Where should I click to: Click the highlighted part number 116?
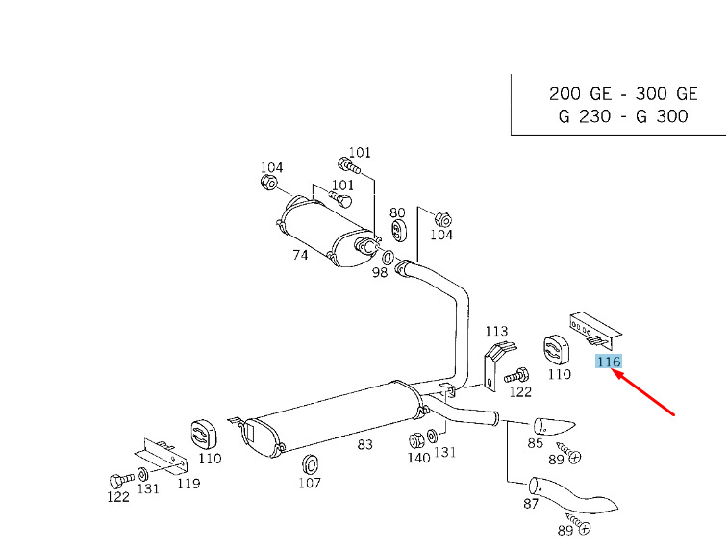(609, 362)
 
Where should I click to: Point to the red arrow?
(645, 394)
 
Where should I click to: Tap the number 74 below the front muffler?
(299, 256)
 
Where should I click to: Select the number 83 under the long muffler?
(364, 444)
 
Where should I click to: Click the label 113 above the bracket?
(496, 332)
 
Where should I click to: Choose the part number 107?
(309, 483)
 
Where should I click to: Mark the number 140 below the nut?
(418, 459)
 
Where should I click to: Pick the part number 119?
(188, 483)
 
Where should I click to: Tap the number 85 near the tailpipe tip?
(535, 443)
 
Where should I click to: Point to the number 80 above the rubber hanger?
(397, 212)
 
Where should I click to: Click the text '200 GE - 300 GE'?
(623, 94)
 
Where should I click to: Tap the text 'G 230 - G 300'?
(623, 117)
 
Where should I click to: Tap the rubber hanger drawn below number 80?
(399, 234)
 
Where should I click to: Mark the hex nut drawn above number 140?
(417, 440)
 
